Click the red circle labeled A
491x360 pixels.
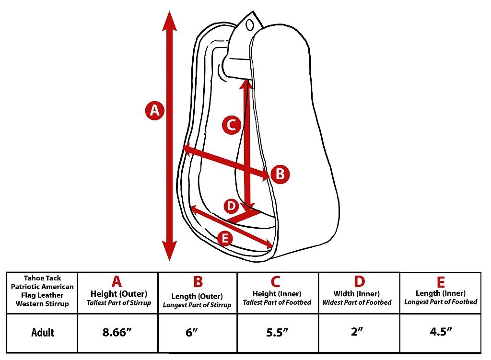click(155, 110)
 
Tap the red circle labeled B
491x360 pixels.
click(280, 174)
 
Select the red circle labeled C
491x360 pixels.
click(232, 125)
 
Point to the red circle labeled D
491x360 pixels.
click(231, 206)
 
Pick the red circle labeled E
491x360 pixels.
click(225, 239)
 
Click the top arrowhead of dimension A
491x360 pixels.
click(169, 21)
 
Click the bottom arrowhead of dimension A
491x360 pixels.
click(169, 251)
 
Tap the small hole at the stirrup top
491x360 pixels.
click(250, 25)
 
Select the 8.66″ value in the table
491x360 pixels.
click(117, 333)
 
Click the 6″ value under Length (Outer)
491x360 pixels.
click(192, 333)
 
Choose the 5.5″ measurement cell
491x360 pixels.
click(277, 333)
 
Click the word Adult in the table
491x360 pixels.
click(43, 333)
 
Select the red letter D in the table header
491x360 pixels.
click(359, 281)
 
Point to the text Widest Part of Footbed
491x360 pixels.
click(357, 302)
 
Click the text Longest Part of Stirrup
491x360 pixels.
click(197, 305)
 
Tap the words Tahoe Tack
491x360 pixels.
click(42, 278)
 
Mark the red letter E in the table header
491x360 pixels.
click(441, 282)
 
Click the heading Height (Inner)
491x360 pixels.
click(277, 294)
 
